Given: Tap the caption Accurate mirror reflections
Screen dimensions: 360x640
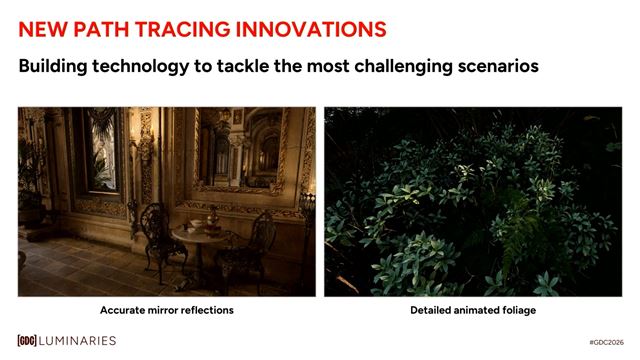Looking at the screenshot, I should click(166, 310).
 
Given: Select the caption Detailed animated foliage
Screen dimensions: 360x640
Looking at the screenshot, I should click(473, 310).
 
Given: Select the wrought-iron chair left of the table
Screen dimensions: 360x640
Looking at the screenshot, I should click(152, 235).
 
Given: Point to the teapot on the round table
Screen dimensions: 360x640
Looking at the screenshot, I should click(211, 217).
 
